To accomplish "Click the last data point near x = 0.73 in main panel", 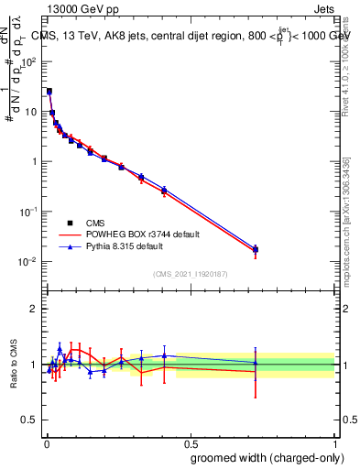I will click(256, 249).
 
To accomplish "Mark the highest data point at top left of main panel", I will click(49, 92).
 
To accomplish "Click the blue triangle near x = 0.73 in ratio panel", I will click(256, 363).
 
